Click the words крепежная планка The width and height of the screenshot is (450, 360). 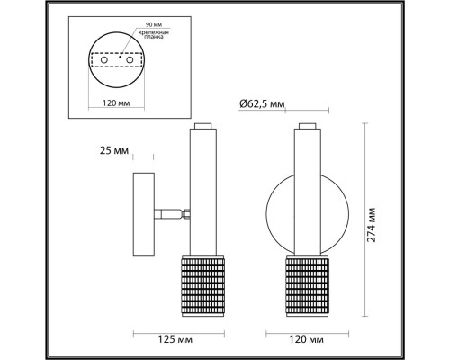[153, 36]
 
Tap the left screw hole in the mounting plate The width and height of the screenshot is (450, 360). [103, 68]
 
